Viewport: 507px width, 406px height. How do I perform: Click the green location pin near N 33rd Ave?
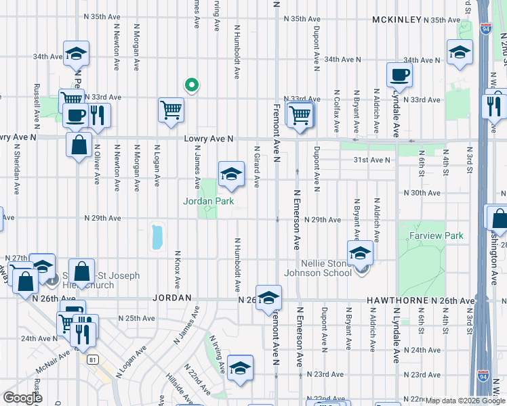(x=192, y=85)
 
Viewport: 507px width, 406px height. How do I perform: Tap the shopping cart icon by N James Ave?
(x=171, y=110)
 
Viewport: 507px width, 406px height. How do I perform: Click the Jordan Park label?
(x=208, y=201)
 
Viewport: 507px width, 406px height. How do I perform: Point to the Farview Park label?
(x=436, y=236)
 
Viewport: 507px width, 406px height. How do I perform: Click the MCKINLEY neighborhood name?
(x=397, y=20)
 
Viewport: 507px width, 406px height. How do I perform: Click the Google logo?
(x=22, y=398)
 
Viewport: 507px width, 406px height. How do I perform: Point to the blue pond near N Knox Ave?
(x=158, y=236)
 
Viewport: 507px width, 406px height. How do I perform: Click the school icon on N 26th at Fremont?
(x=269, y=296)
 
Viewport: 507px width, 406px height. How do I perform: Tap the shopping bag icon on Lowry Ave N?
(x=79, y=143)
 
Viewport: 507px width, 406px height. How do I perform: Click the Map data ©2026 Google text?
(x=465, y=401)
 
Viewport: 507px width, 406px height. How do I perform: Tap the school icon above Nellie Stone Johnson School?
(x=360, y=253)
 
